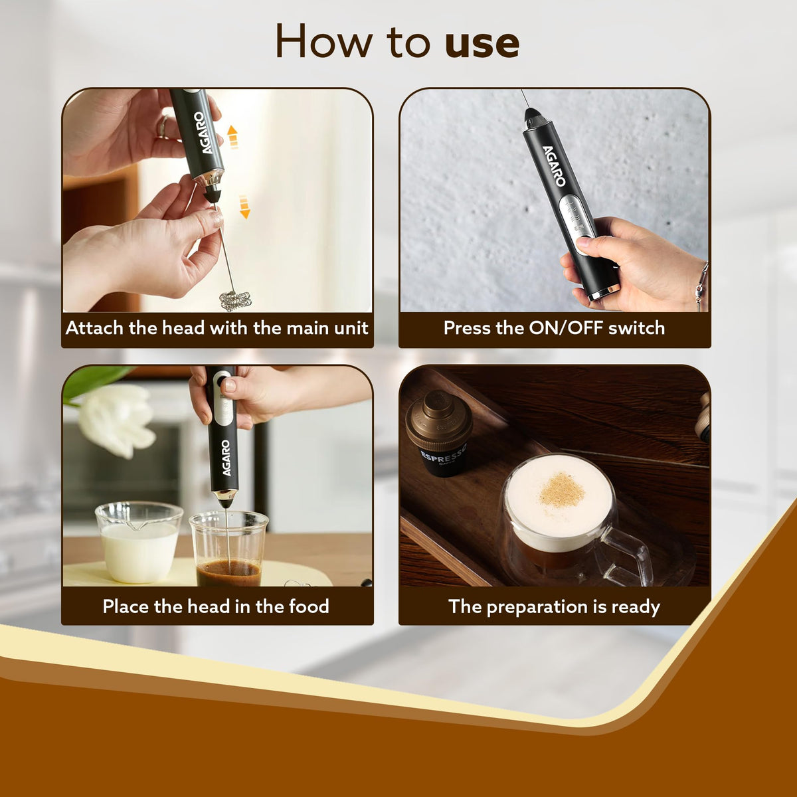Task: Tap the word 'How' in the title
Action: point(325,41)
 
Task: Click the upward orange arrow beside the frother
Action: point(232,136)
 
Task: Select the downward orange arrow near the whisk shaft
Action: point(244,207)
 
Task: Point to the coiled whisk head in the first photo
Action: point(235,300)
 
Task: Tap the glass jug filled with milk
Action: point(139,541)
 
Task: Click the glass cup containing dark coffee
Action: point(228,551)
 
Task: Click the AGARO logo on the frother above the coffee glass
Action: point(225,458)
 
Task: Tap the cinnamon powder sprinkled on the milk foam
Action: point(561,491)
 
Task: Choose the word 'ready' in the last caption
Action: point(635,607)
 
